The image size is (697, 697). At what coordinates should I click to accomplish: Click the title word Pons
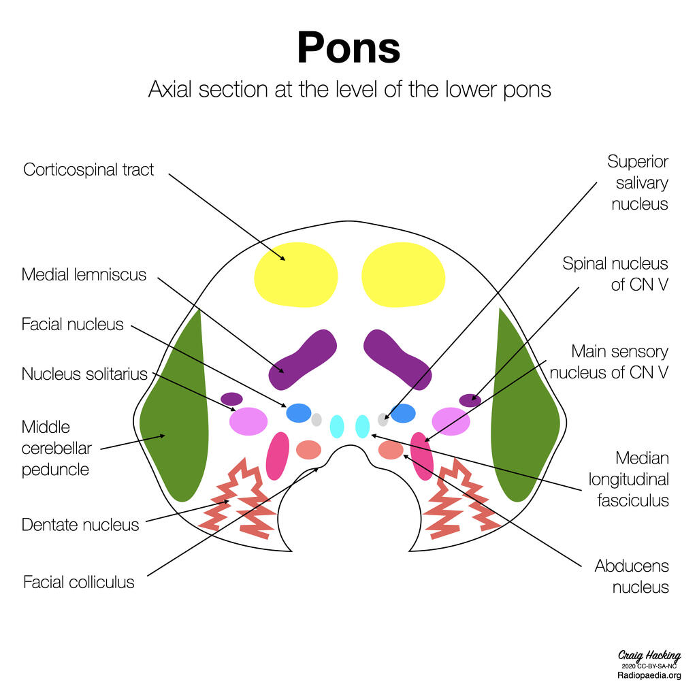tap(348, 48)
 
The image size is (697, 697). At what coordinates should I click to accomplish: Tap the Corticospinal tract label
tap(88, 169)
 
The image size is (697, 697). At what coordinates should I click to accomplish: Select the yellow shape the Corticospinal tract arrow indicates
tap(295, 274)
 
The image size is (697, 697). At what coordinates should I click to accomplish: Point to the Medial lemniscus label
tap(84, 275)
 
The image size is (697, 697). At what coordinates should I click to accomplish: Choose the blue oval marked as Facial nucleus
tap(299, 412)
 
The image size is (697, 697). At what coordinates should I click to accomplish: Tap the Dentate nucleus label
tap(80, 525)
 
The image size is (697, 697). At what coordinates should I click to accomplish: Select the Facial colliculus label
tap(79, 582)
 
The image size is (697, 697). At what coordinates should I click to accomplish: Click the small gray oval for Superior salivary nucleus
tap(383, 420)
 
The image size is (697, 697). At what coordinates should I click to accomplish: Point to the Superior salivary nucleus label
tap(639, 182)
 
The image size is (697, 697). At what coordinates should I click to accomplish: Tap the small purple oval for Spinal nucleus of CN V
tap(470, 400)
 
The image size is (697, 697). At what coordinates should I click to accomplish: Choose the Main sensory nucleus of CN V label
tap(609, 361)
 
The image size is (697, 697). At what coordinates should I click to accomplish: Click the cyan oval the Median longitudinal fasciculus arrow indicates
tap(363, 426)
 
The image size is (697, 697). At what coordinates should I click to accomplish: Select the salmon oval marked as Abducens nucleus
tap(391, 450)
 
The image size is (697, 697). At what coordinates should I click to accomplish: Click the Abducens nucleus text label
tap(632, 576)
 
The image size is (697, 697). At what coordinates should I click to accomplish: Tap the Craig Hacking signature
tap(649, 656)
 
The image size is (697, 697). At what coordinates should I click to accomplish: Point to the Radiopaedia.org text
tap(649, 675)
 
